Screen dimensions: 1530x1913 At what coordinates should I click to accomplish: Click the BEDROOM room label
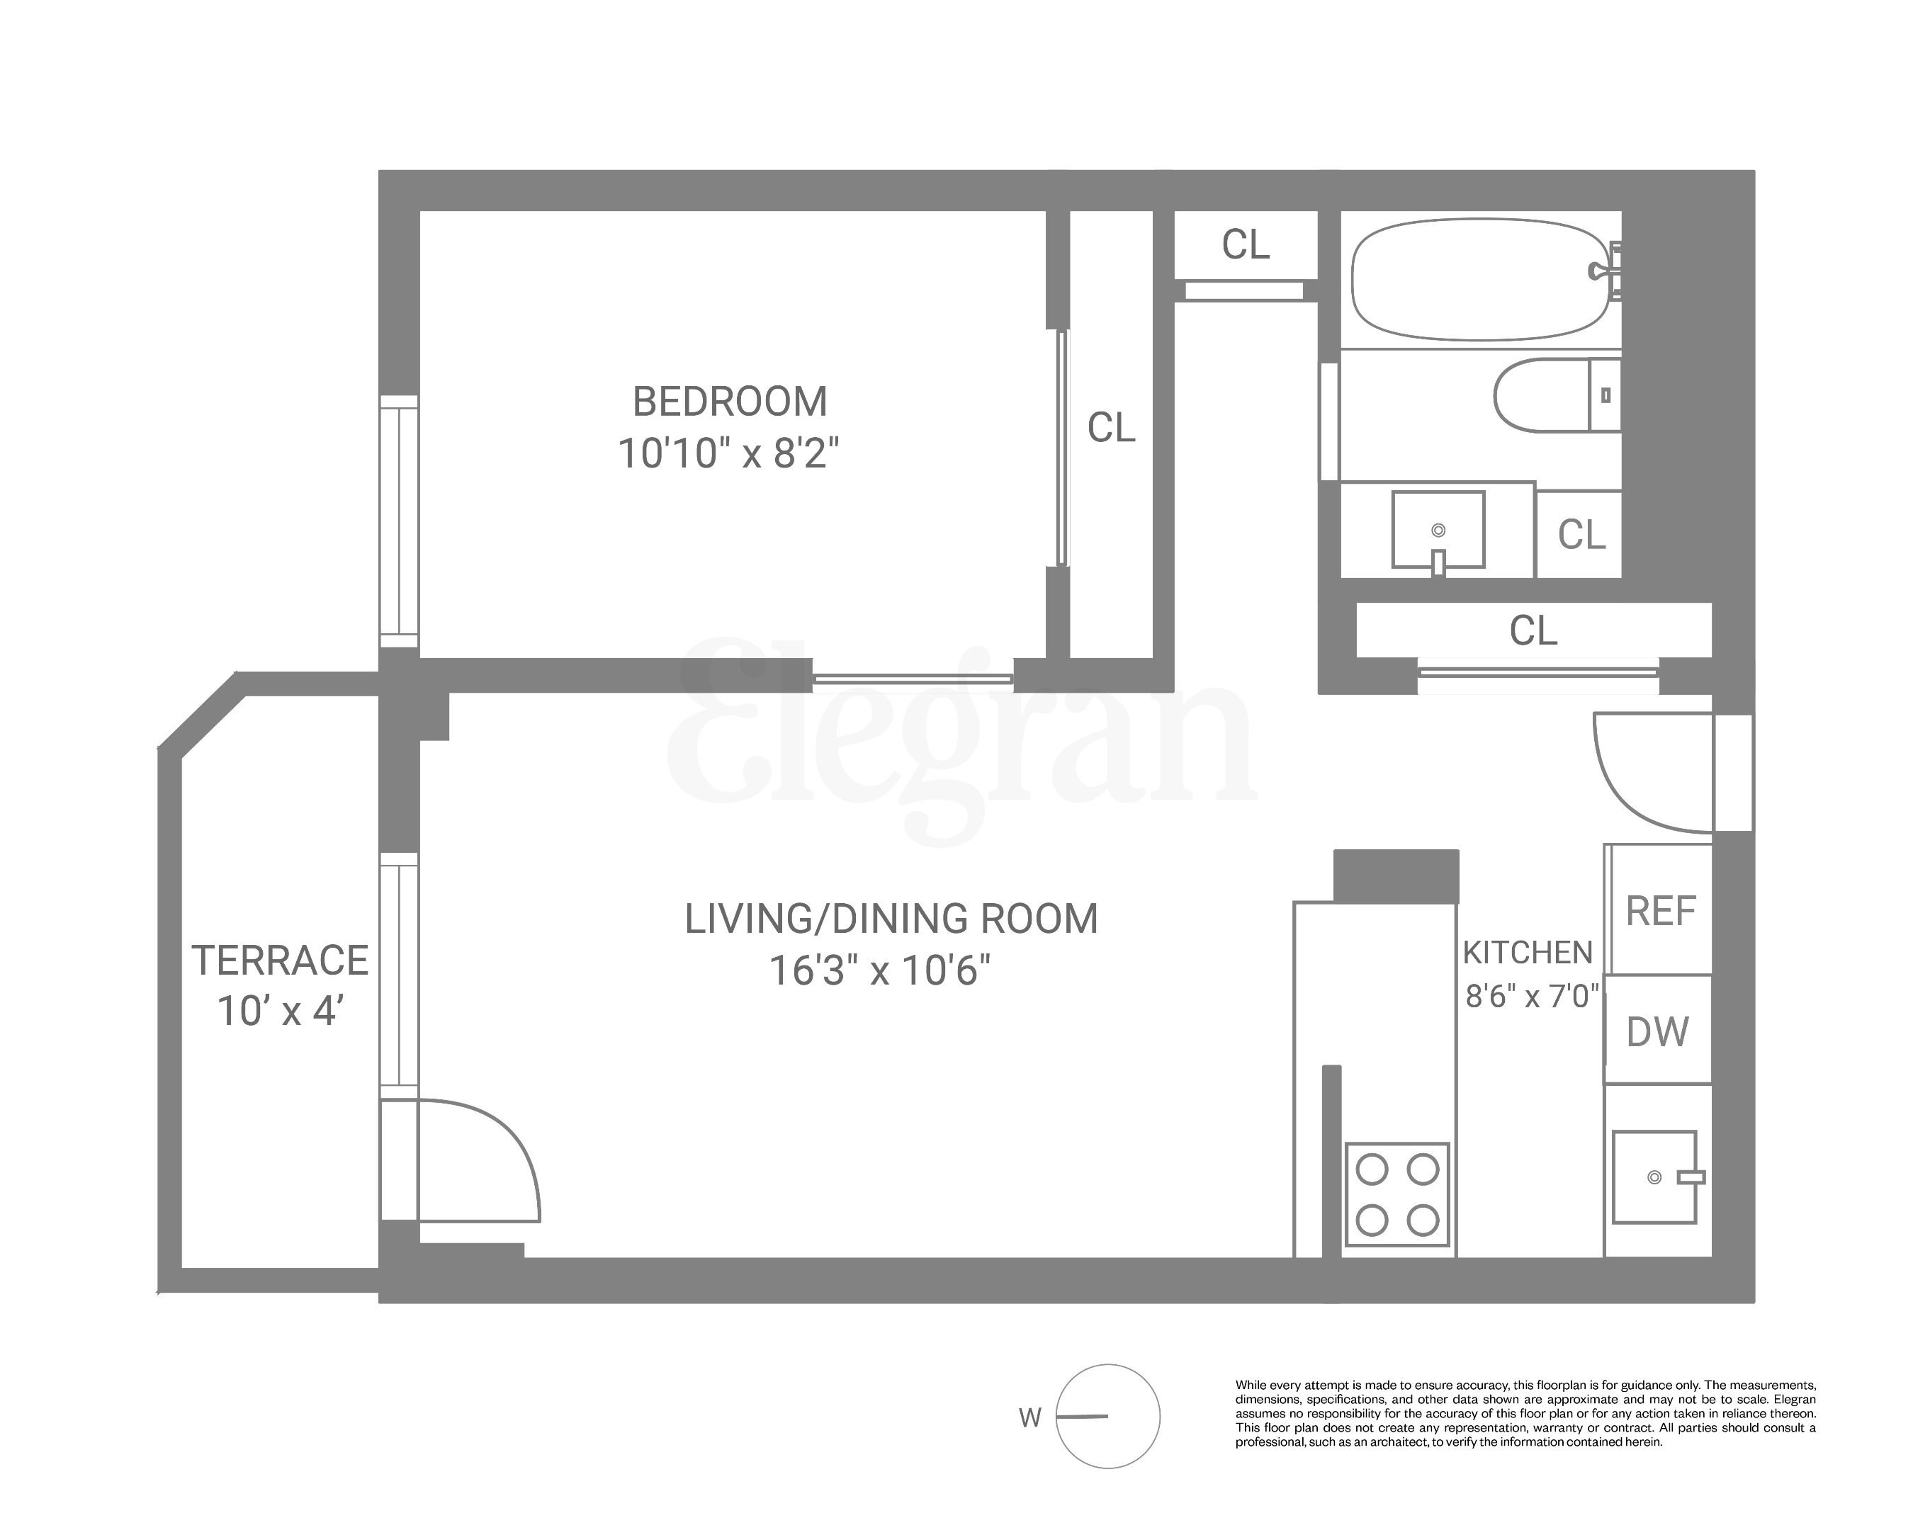(729, 402)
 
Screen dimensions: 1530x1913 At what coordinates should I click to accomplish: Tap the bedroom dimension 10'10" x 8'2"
(728, 454)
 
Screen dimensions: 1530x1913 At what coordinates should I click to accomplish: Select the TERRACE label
(279, 960)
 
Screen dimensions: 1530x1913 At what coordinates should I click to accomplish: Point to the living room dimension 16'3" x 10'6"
(879, 970)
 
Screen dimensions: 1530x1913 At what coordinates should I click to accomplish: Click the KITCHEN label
(1527, 953)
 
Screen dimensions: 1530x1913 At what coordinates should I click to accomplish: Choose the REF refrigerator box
(1660, 911)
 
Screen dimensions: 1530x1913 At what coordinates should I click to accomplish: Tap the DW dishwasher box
(1657, 1031)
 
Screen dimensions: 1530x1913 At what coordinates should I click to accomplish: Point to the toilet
(1554, 395)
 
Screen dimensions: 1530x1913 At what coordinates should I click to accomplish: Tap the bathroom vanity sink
(1438, 530)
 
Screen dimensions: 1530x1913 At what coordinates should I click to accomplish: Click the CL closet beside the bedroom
(1111, 428)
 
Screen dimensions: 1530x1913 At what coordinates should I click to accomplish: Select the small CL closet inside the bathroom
(1581, 535)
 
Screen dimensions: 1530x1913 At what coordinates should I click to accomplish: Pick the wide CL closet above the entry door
(1533, 630)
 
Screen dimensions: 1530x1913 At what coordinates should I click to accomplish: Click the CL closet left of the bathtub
(1245, 245)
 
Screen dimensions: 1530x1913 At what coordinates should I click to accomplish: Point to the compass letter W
(1029, 1418)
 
